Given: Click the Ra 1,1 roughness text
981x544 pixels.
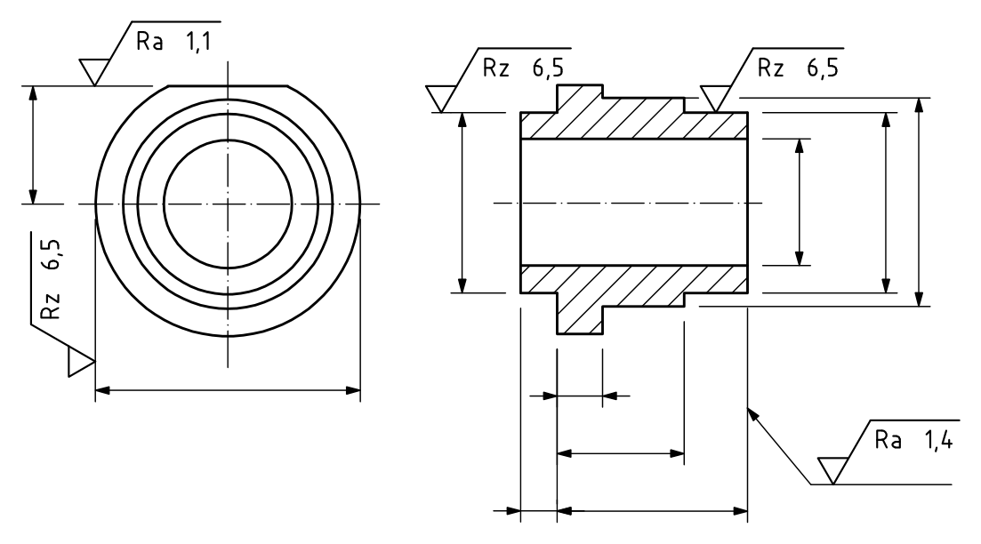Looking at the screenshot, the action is pyautogui.click(x=173, y=42).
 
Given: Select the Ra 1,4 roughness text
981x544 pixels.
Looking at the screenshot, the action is pyautogui.click(x=913, y=440).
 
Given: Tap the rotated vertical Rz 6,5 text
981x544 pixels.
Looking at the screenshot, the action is pyautogui.click(x=52, y=279).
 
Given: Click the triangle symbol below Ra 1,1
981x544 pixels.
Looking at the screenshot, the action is pyautogui.click(x=94, y=71).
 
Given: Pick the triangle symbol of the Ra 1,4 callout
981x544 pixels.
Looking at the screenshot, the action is pyautogui.click(x=832, y=470).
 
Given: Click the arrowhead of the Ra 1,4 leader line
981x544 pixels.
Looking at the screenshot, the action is pyautogui.click(x=753, y=414).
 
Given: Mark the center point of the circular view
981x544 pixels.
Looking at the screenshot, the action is pyautogui.click(x=228, y=204).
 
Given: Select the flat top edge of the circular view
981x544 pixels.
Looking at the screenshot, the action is pyautogui.click(x=228, y=85).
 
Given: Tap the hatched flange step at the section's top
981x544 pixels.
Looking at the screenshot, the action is pyautogui.click(x=580, y=99).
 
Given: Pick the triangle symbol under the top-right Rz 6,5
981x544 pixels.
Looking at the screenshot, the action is pyautogui.click(x=716, y=99).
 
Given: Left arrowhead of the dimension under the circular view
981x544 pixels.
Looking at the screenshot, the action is pyautogui.click(x=102, y=391).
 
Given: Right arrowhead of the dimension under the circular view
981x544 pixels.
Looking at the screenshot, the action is pyautogui.click(x=353, y=391).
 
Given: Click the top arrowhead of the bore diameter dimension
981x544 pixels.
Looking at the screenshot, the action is pyautogui.click(x=799, y=147).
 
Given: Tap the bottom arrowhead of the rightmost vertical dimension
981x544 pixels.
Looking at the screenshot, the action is pyautogui.click(x=919, y=299).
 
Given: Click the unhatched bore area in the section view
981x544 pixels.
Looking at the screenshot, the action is pyautogui.click(x=634, y=203).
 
